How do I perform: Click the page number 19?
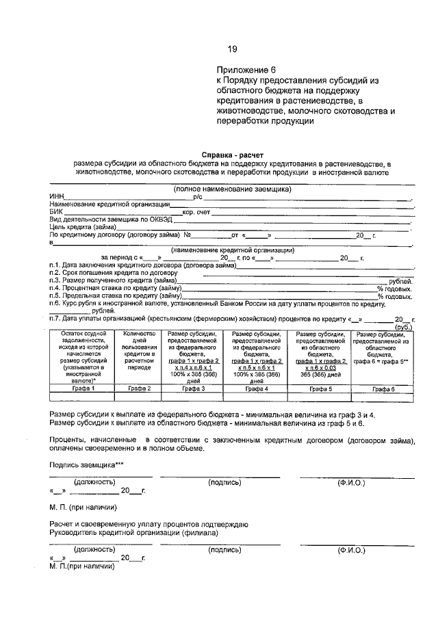(232, 49)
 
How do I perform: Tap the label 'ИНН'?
(56, 196)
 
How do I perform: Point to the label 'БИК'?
(55, 212)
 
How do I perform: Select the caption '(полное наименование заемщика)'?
(232, 189)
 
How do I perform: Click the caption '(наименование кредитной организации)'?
(232, 250)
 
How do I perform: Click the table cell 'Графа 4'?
(255, 388)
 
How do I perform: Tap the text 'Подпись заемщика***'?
(81, 464)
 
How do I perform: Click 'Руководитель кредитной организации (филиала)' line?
(133, 532)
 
